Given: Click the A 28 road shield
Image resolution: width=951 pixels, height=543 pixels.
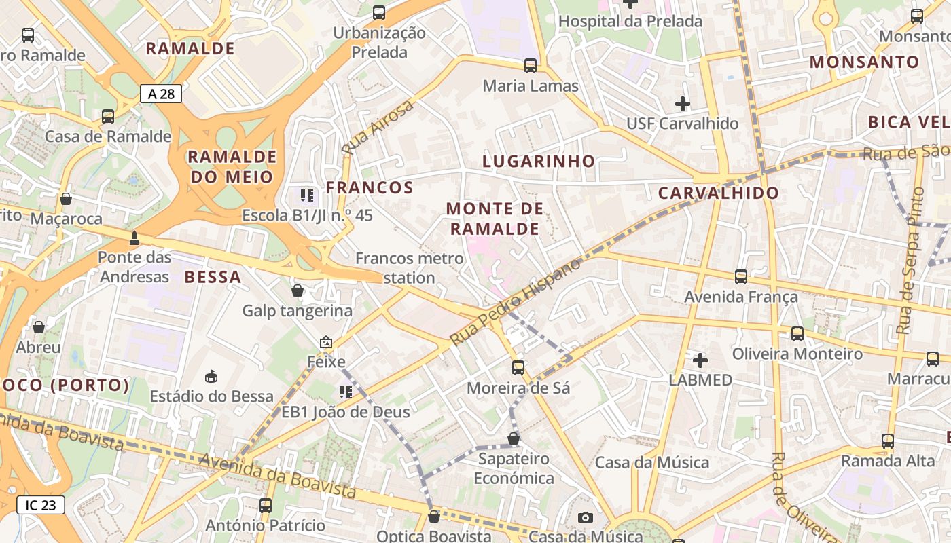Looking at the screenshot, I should (x=161, y=94).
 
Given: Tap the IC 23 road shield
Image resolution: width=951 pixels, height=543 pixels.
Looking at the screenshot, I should (x=41, y=505).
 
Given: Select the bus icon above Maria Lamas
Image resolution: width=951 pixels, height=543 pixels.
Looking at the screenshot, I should (x=531, y=66).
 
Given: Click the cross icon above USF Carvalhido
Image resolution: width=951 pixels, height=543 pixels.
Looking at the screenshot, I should (x=683, y=104).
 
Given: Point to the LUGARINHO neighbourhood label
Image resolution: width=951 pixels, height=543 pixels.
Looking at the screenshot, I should (x=538, y=161).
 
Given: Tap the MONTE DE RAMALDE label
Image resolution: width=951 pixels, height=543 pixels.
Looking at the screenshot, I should (x=495, y=219).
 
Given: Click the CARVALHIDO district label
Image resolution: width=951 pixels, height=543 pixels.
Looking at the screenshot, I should (x=719, y=193).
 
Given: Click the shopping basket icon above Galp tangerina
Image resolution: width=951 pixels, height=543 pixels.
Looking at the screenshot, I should (x=298, y=291).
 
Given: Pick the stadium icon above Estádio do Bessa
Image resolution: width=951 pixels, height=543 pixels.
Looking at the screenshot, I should (x=211, y=376).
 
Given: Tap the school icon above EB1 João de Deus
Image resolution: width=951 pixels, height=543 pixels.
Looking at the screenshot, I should (x=346, y=392).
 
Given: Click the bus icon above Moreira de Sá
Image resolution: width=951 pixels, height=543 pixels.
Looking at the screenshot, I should (x=518, y=368).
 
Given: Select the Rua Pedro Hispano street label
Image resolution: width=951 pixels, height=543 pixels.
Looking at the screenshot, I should (x=516, y=301).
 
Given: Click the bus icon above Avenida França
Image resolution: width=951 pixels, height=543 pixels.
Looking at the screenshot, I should (x=741, y=277).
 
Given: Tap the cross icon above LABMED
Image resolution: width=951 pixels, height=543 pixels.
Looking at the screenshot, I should (x=700, y=360).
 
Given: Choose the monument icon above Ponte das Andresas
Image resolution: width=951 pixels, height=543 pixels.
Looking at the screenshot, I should (x=134, y=238).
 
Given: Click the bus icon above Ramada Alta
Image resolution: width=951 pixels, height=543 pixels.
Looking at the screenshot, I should (x=888, y=441).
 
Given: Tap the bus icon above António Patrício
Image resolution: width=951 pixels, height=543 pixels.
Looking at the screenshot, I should (x=266, y=506).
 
